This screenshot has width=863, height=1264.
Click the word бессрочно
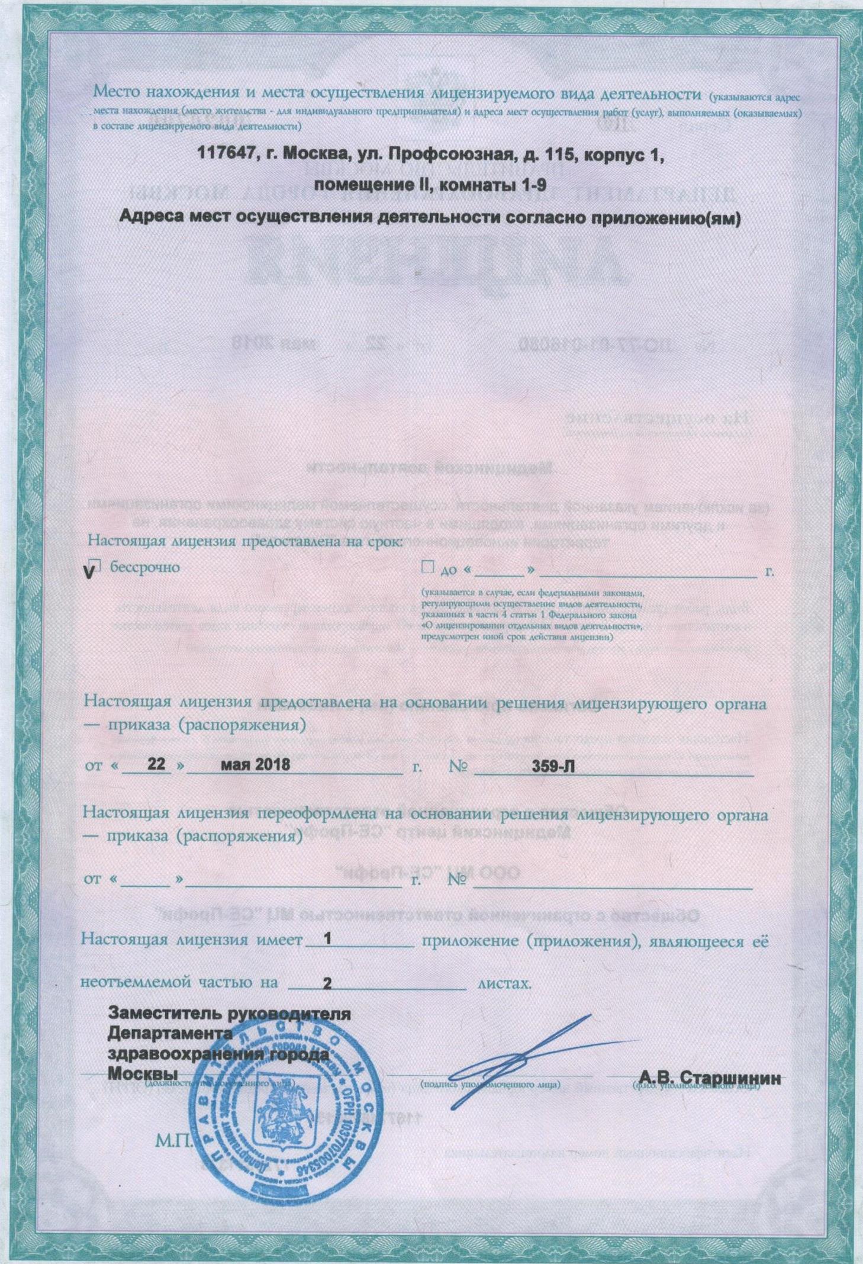[145, 567]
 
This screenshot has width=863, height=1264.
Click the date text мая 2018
[255, 764]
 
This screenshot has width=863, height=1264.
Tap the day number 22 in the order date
[156, 764]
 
